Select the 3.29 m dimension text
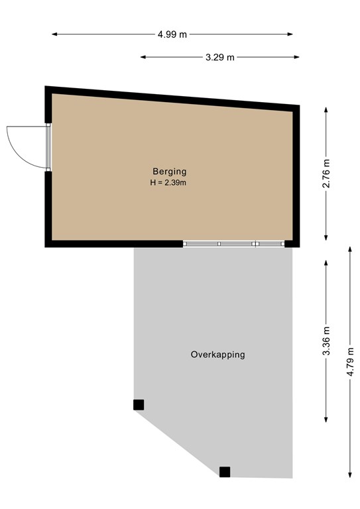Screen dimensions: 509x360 tap(220, 57)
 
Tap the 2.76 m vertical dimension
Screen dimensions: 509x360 tap(326, 174)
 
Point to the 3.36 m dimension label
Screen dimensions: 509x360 tap(326, 339)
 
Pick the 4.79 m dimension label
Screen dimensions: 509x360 tap(350, 361)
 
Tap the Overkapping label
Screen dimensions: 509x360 tap(217, 355)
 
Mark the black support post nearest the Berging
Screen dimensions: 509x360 tap(138, 404)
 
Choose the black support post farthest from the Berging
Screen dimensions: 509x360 tap(225, 472)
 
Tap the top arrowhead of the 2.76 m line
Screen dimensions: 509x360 tap(326, 109)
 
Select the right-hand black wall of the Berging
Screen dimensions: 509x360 tap(296, 176)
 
